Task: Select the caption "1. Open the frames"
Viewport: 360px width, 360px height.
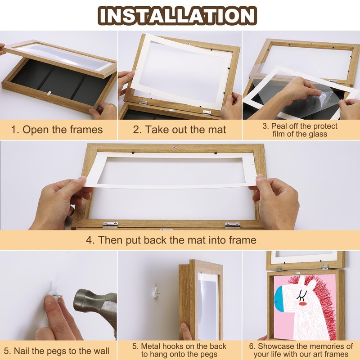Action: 57,130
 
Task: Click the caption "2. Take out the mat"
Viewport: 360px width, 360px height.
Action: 180,130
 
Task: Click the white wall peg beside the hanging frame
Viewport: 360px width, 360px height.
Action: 156,290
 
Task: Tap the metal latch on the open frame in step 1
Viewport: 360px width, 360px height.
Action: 48,93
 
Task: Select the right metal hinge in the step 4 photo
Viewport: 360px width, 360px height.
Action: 232,224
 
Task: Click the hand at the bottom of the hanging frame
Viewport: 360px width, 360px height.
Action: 184,331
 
